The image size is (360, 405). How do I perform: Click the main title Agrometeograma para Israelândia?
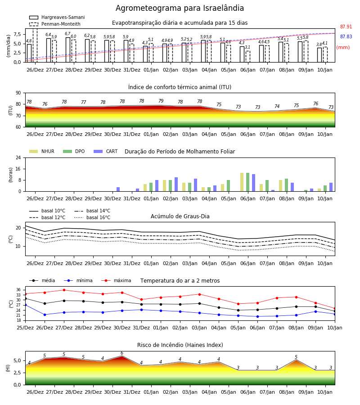(180, 8)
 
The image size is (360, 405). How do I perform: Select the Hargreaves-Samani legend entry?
(57, 17)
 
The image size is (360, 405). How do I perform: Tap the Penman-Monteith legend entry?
(55, 24)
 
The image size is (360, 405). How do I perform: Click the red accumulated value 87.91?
(346, 27)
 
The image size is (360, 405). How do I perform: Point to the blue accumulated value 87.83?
(346, 37)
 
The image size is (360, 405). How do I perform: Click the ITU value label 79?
(161, 101)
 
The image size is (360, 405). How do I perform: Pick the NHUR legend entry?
(42, 151)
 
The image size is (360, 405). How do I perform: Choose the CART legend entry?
(106, 151)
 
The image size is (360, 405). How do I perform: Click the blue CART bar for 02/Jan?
(176, 184)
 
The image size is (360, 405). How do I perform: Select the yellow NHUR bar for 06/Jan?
(242, 182)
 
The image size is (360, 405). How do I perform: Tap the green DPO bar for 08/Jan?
(286, 185)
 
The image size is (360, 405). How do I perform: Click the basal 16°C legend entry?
(92, 217)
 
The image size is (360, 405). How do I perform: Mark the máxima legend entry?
(116, 280)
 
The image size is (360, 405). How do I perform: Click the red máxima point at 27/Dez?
(64, 290)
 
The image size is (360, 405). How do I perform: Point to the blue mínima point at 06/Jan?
(257, 316)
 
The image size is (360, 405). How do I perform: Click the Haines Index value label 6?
(122, 353)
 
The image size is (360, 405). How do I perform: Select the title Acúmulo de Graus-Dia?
(180, 216)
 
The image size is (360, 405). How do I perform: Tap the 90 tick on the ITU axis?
(18, 93)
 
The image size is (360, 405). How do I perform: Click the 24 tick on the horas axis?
(18, 157)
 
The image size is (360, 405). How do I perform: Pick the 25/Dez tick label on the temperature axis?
(25, 328)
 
